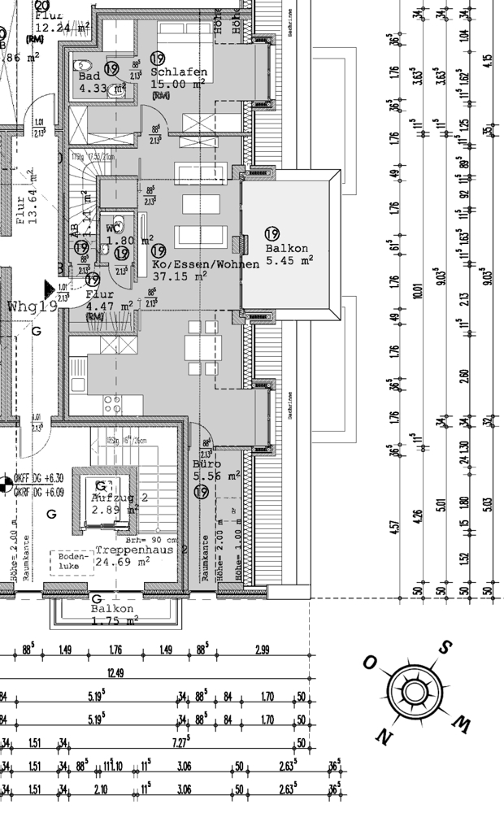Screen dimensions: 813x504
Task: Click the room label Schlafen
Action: coord(179,72)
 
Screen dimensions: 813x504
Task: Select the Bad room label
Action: coord(89,76)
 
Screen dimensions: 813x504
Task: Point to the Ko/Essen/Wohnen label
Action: coord(206,264)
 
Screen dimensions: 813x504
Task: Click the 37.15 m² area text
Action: coord(180,276)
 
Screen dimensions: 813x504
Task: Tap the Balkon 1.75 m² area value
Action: coord(115,620)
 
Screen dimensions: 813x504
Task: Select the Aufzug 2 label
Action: coord(119,497)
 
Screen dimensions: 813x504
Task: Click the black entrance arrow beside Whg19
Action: coord(50,289)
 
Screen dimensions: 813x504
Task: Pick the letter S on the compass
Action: coord(445,648)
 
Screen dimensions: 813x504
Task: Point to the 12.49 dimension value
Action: coord(115,672)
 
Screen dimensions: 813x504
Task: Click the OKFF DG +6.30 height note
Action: coord(39,479)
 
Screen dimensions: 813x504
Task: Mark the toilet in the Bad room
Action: coord(82,65)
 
